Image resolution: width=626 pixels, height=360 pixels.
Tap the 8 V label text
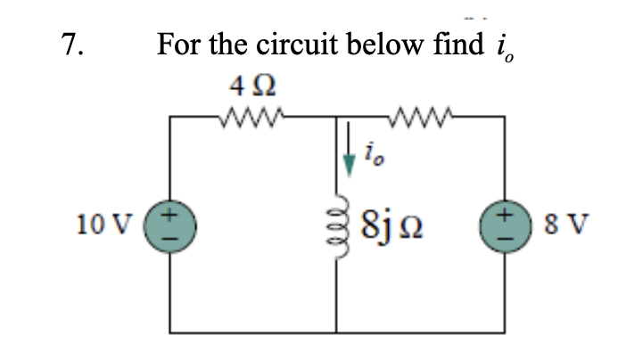coord(554,221)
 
